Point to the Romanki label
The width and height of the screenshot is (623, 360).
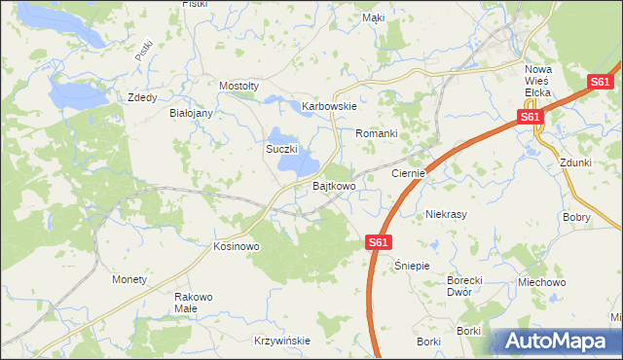point(377,132)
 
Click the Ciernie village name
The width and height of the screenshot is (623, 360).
point(409,173)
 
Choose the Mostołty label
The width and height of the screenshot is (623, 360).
point(239,86)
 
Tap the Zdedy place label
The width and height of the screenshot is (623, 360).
point(143,97)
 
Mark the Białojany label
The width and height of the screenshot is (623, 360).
point(191,113)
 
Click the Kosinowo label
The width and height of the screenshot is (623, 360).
point(237,247)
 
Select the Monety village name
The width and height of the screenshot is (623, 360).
point(129,279)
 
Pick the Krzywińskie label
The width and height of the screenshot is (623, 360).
point(281,341)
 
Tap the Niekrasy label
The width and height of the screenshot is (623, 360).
point(447,213)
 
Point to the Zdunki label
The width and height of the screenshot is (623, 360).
point(576,162)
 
